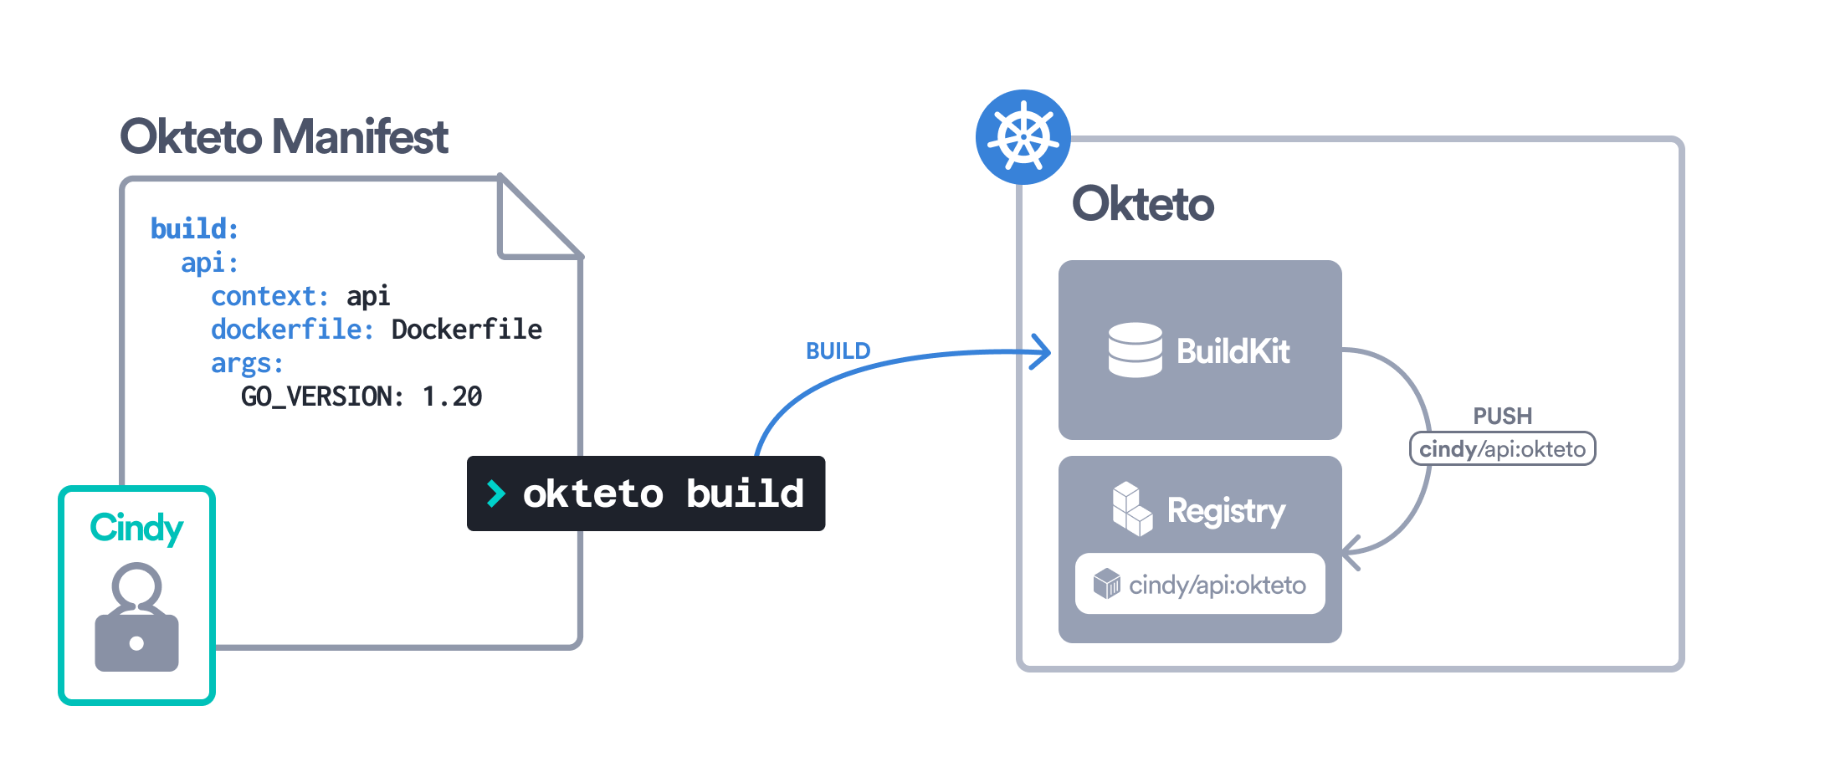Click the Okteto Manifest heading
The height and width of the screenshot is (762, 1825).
tap(284, 137)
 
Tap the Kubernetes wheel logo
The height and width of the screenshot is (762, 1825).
tap(1023, 137)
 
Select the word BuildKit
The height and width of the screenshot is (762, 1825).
tap(1233, 351)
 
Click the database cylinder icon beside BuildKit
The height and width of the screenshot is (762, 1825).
tap(1135, 350)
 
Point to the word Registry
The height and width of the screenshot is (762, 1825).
tap(1226, 510)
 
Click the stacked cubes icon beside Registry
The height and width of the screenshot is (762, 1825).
tap(1131, 509)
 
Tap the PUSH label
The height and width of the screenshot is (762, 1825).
tap(1502, 416)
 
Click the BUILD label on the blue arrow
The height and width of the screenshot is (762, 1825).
tap(838, 351)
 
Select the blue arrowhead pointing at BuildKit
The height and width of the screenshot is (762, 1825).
tap(1041, 351)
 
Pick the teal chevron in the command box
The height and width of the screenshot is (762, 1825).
tap(496, 494)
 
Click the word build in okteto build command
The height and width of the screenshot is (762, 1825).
tap(745, 494)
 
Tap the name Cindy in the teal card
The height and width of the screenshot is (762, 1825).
tap(136, 529)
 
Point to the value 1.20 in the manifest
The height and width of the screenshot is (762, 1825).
tap(452, 396)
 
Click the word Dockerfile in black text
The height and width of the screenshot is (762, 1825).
tap(466, 330)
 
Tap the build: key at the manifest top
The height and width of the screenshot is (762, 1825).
tap(194, 229)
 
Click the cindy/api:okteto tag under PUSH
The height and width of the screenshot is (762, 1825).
tap(1502, 449)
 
